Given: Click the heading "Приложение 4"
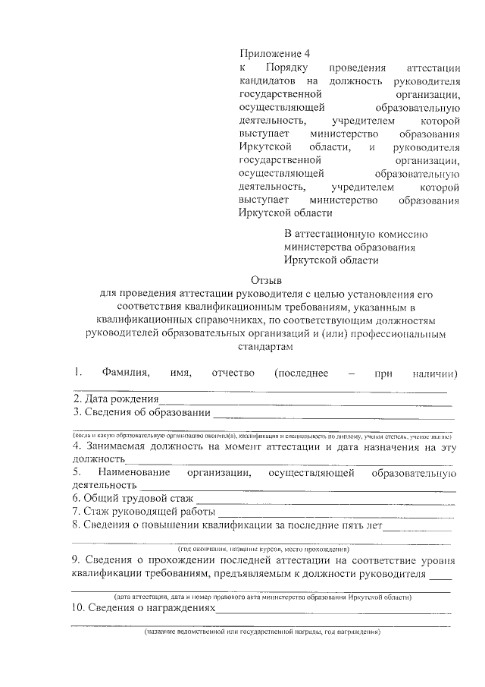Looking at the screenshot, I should coord(274,53).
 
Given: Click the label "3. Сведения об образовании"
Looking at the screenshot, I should coord(141,413).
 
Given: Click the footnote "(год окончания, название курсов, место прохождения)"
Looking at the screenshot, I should coord(263,548).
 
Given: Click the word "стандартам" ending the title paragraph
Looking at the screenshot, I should coord(266,345).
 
